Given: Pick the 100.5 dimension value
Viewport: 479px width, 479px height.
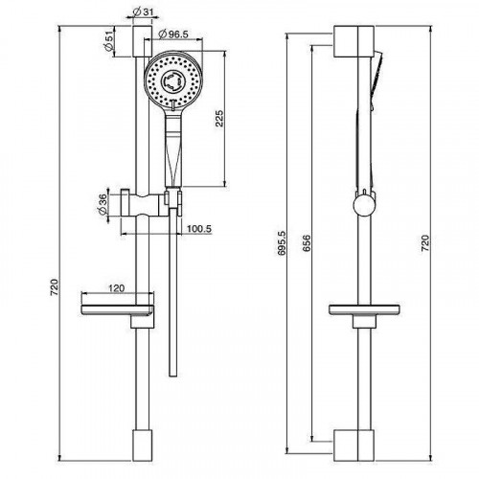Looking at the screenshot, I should tap(200, 230).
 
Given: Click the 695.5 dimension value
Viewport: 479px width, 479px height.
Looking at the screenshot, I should tap(281, 247).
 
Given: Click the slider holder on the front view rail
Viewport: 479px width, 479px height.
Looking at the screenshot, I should tap(144, 202).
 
